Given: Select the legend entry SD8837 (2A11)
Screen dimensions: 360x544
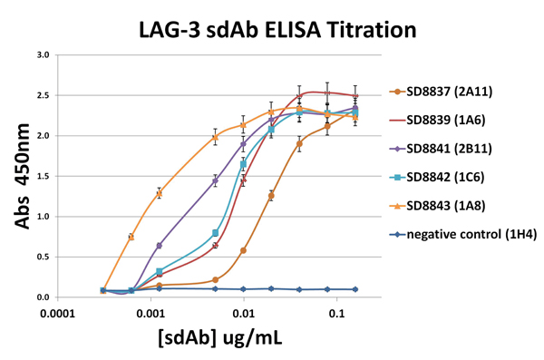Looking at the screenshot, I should pos(445,91).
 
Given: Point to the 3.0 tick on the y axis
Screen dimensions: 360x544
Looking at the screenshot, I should pos(42,55).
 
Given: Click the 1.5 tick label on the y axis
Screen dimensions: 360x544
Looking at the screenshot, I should pos(42,176).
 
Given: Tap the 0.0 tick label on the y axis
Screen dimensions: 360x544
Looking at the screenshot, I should pos(42,297).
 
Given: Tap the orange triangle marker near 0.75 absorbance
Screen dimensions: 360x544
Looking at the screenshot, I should pos(131,237).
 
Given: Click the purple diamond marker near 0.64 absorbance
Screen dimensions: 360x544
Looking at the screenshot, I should pos(160,246).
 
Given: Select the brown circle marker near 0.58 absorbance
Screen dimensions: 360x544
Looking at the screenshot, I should pos(243,250).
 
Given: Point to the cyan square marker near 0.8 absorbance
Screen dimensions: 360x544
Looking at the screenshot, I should pos(215,233).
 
